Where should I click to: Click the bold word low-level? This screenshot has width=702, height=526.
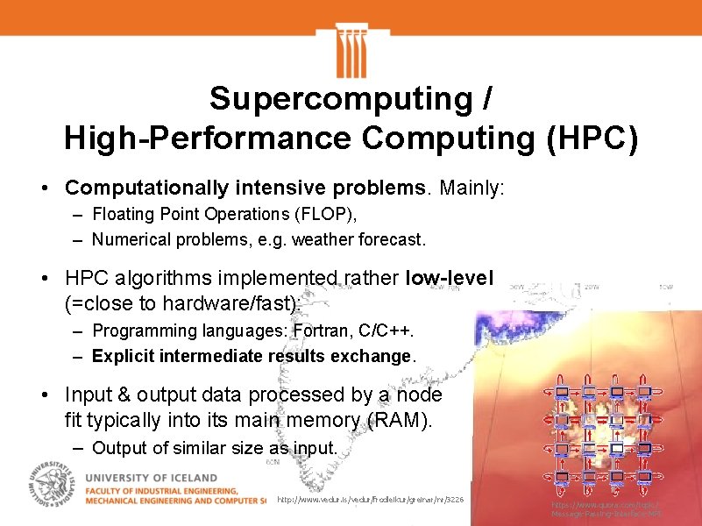pos(450,279)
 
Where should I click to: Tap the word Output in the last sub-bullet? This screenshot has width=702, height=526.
pos(118,448)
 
